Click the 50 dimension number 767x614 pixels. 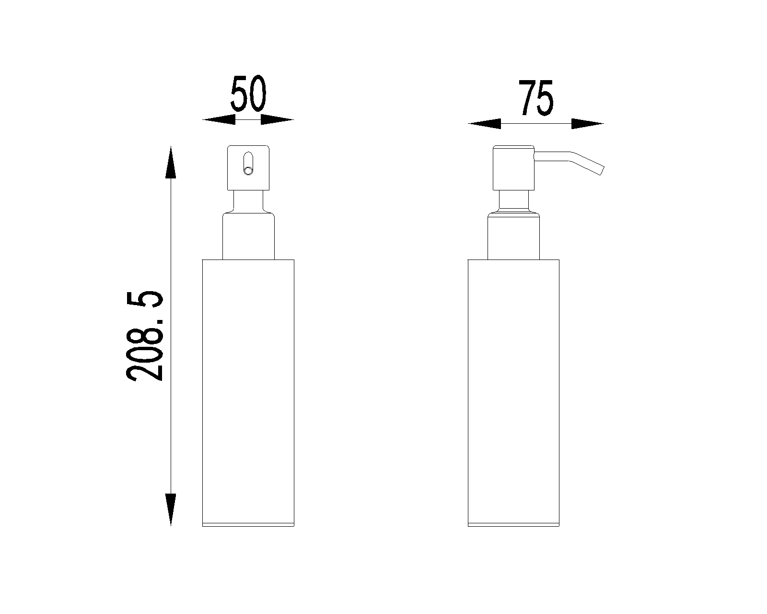(x=248, y=94)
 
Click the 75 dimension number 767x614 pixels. (x=535, y=98)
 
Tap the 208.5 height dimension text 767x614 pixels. (x=144, y=336)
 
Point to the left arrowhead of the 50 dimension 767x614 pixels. (x=219, y=119)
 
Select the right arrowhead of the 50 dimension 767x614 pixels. (x=277, y=119)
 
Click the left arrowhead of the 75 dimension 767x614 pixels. (x=484, y=124)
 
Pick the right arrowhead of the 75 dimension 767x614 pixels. (x=587, y=124)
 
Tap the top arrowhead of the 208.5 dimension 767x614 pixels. (x=171, y=162)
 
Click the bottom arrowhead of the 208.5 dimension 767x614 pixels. (x=171, y=510)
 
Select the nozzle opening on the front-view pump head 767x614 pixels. (x=248, y=164)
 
